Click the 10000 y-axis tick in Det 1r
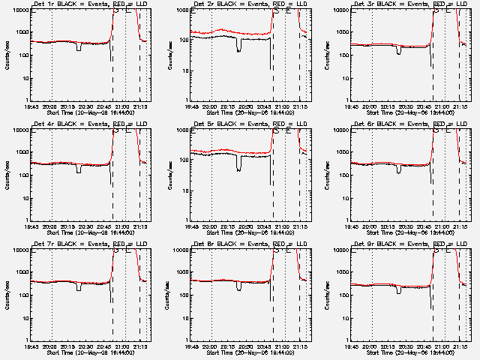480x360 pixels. click(x=21, y=10)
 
